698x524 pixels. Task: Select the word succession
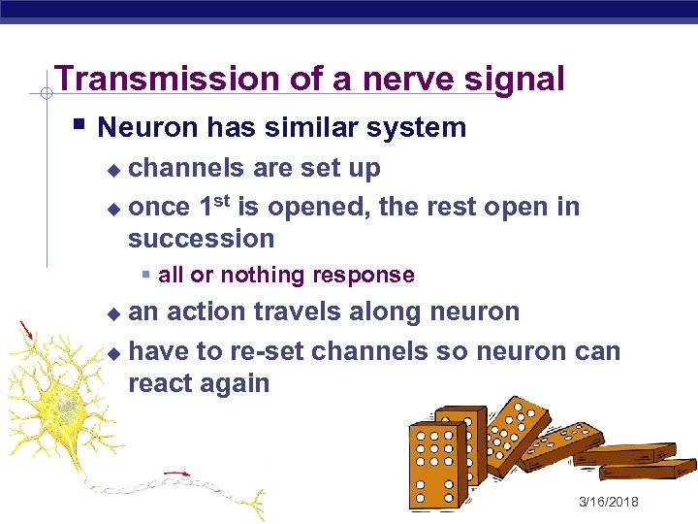(201, 239)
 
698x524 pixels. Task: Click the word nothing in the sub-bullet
(262, 276)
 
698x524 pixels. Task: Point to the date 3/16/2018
(608, 501)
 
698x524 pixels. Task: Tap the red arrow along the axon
(175, 475)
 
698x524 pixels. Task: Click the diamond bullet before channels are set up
(113, 170)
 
